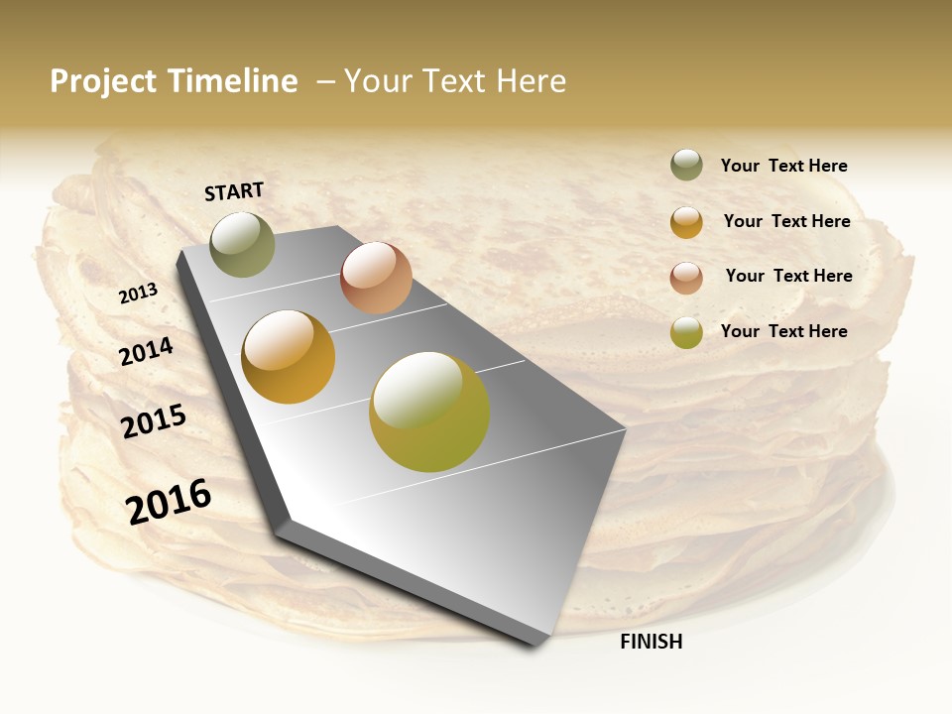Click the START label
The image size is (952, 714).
(234, 191)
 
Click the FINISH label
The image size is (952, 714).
(651, 642)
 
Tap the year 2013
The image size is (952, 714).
(139, 294)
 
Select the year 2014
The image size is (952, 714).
(147, 351)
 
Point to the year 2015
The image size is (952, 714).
(154, 421)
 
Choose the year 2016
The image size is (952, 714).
(169, 501)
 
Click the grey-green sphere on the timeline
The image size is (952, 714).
(243, 244)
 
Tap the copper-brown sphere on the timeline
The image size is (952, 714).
(376, 278)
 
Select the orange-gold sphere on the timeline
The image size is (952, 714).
(289, 357)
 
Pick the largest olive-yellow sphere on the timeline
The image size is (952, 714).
(429, 412)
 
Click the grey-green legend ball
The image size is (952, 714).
(686, 165)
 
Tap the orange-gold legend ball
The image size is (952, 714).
(686, 222)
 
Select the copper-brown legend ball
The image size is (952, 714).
(686, 277)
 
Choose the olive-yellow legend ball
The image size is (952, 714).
(686, 332)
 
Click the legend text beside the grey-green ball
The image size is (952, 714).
(783, 167)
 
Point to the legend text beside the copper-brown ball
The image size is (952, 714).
(788, 276)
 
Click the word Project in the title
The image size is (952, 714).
(104, 81)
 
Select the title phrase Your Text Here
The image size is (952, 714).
(455, 81)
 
